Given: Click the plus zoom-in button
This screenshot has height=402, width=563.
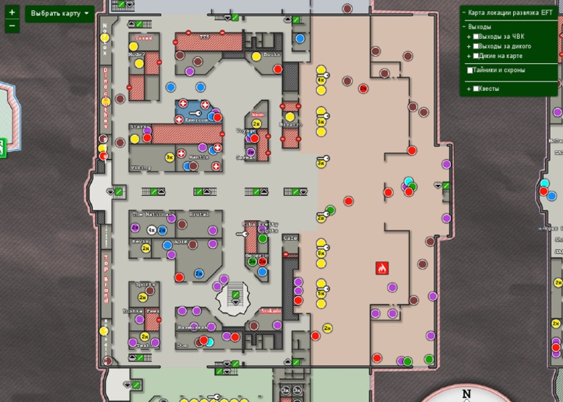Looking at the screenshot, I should click(12, 12).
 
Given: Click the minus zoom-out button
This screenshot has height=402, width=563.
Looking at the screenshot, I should click(12, 26).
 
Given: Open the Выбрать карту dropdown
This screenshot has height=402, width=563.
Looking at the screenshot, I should click(60, 13).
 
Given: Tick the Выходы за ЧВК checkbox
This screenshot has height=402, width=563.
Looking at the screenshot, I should click(476, 37).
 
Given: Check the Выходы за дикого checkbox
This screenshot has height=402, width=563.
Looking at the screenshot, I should click(476, 46).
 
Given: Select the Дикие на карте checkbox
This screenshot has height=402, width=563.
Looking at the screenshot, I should click(476, 56).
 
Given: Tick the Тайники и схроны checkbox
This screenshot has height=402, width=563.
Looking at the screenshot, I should click(470, 70).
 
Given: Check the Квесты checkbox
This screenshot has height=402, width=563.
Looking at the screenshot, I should click(476, 89).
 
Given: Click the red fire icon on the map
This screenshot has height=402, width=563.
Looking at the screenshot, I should click(381, 268).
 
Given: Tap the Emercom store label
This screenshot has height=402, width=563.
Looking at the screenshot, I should click(196, 120).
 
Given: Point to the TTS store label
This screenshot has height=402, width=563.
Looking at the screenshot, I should click(205, 37).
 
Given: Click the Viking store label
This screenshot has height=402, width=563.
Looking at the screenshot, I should click(140, 167).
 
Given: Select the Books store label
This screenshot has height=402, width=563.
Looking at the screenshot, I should click(271, 55).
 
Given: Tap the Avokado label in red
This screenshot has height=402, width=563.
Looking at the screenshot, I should click(271, 310).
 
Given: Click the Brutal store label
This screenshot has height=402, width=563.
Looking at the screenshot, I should click(199, 214).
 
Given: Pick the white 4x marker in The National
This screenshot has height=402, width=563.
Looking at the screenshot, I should click(152, 230).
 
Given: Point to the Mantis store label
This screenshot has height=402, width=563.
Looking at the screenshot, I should click(199, 157).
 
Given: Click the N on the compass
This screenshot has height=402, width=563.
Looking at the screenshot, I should click(467, 395).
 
